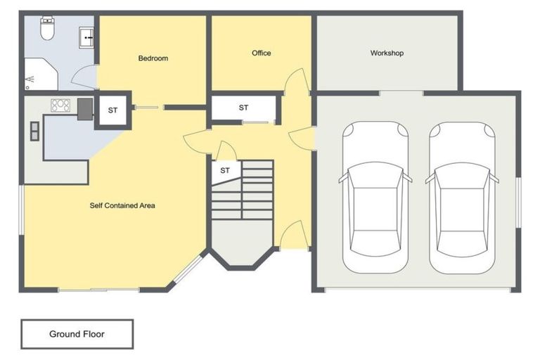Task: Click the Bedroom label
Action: point(153,58)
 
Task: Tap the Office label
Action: point(262,53)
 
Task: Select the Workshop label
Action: point(387,53)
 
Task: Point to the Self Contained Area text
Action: point(122,206)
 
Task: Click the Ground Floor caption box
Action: point(77,334)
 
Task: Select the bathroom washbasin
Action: point(87,37)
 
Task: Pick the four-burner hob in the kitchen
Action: point(60,105)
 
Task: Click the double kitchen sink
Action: point(34,131)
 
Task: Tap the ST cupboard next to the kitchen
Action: point(112,110)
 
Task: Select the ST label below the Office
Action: point(243,108)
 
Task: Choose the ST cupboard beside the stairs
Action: point(225,171)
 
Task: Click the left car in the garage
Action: point(375,198)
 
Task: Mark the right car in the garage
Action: point(462,198)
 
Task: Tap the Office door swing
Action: point(297,81)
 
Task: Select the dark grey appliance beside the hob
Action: point(84,107)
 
